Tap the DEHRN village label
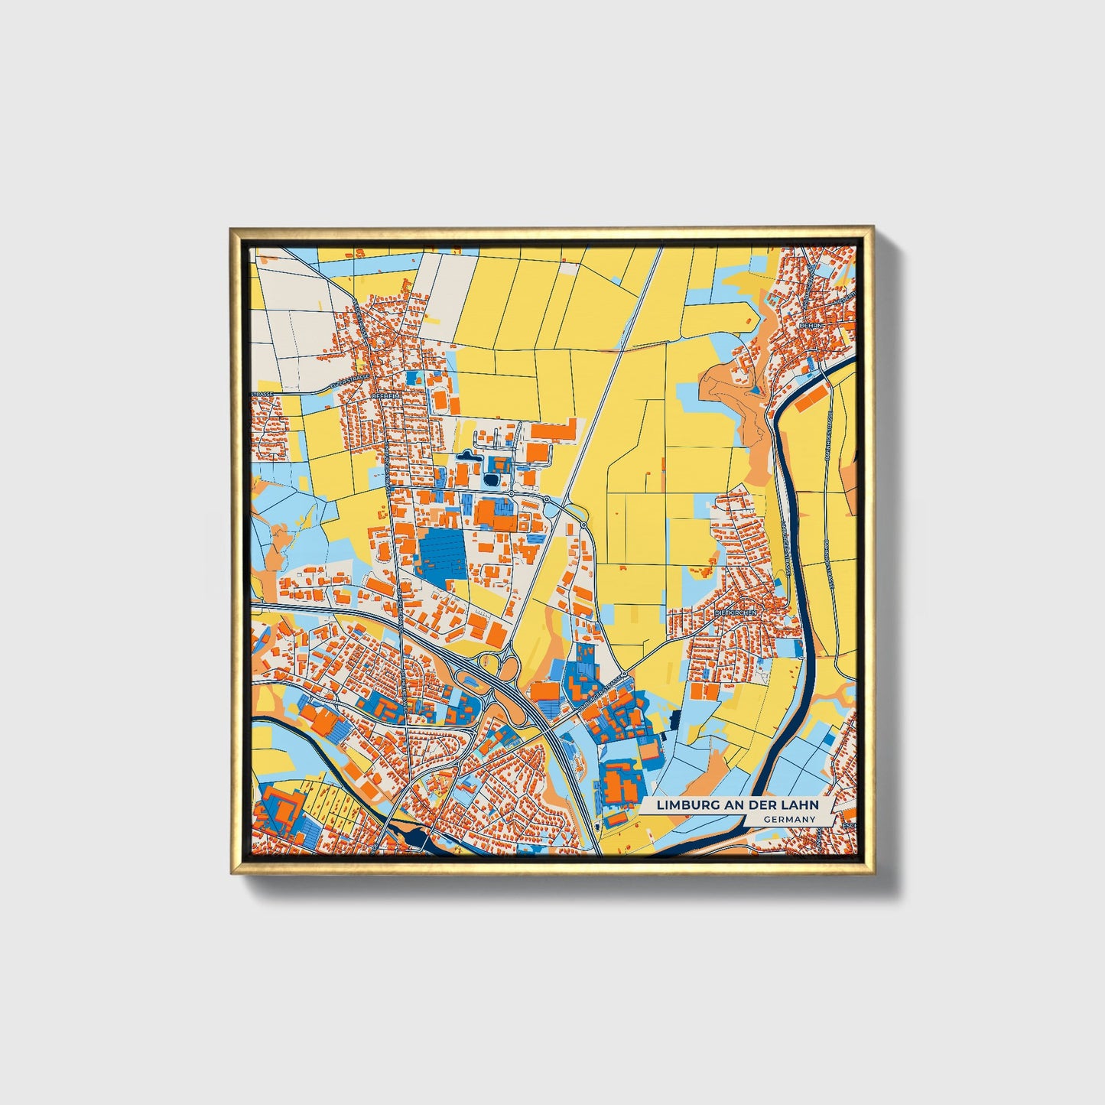coord(809,324)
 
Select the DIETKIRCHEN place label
coord(735,613)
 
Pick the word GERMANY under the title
coord(788,820)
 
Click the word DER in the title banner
coord(766,805)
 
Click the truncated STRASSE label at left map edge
coord(262,395)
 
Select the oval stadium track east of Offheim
coord(440,399)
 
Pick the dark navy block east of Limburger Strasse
coord(674,719)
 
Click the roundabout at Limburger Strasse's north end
coord(624,674)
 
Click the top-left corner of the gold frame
coord(232,229)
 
